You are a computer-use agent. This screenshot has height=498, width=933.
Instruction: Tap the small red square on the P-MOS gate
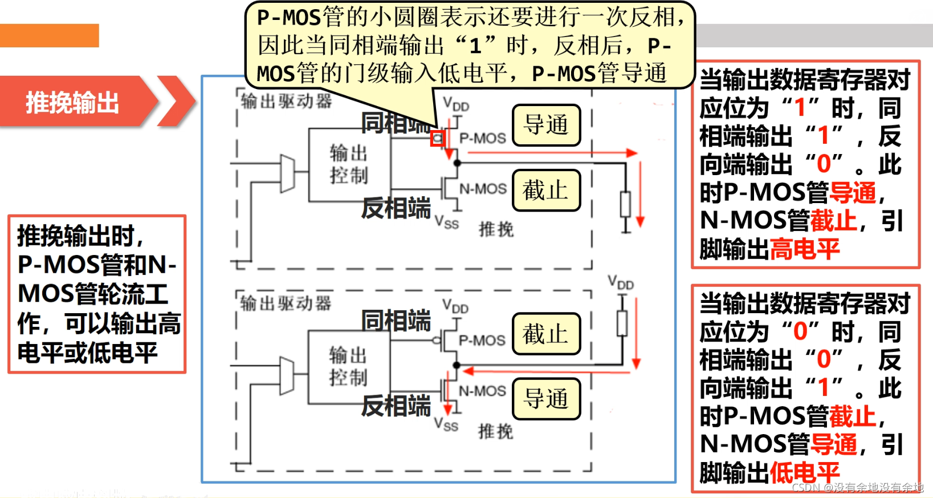point(438,138)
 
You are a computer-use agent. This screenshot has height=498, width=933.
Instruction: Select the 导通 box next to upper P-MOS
point(546,124)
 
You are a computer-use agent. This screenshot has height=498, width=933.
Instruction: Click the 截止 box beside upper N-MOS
point(546,190)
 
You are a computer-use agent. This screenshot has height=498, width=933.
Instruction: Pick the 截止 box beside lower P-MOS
point(546,334)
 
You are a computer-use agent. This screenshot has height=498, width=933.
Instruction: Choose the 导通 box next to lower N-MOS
point(546,398)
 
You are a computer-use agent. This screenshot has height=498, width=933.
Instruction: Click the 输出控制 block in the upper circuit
point(349,164)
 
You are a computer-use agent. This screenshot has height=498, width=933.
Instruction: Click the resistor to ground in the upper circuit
point(625,204)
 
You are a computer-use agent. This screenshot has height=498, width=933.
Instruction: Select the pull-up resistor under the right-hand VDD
point(622,323)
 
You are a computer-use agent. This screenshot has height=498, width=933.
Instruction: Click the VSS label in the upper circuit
point(447,222)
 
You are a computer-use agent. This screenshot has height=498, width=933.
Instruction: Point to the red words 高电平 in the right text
point(805,249)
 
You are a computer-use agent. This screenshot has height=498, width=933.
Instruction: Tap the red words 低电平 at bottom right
point(805,472)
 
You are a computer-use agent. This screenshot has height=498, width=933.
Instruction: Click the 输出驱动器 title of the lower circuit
point(285,303)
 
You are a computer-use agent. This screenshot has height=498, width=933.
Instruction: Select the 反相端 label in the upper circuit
point(396,208)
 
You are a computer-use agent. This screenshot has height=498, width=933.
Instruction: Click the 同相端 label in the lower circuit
point(396,321)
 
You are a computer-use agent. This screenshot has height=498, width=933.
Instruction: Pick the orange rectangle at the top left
point(49,35)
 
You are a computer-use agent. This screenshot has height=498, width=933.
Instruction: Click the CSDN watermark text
point(857,487)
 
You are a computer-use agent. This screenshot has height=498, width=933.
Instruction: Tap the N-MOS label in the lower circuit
point(482,391)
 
